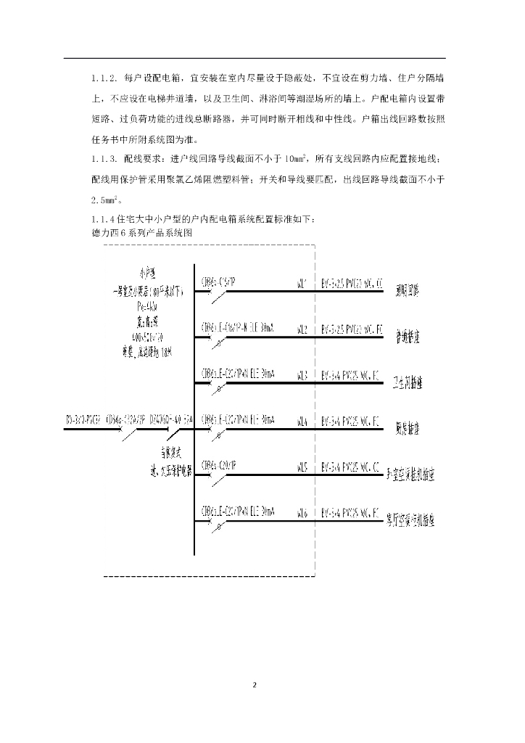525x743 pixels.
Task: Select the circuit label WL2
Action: (302, 329)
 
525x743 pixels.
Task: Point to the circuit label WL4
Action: (302, 421)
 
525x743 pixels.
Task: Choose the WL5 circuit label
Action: (302, 467)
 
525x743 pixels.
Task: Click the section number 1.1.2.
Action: (104, 78)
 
